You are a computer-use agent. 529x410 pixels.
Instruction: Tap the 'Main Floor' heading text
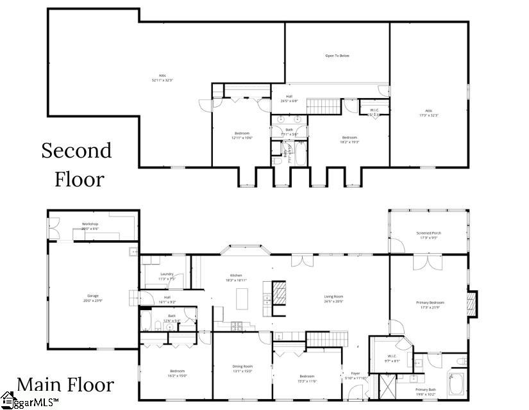[65, 384]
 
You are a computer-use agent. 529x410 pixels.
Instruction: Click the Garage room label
[93, 295]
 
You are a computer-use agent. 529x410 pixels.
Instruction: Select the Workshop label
[90, 224]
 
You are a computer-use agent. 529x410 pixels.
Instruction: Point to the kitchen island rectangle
[242, 299]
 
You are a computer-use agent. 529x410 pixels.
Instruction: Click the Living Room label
[333, 297]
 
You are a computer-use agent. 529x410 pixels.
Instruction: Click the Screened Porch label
[428, 233]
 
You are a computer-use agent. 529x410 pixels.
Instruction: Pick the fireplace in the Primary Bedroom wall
[472, 302]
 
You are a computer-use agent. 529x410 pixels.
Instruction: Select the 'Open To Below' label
[337, 56]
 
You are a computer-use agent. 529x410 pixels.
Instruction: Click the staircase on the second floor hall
[323, 106]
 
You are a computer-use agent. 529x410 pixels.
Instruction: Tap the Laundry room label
[167, 274]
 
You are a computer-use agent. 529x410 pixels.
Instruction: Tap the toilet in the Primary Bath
[460, 362]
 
